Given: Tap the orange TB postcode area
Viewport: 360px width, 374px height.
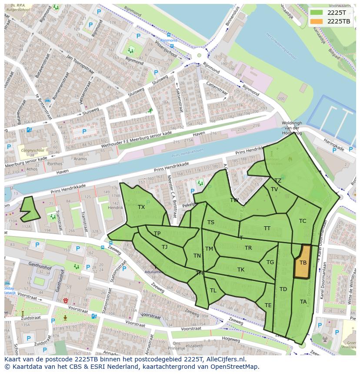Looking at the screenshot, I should point(303,262).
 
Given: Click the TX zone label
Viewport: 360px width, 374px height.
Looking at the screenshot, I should point(141,207).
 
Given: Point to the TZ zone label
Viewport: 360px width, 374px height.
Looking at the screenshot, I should point(278,181).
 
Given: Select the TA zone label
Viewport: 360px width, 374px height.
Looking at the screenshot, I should point(303,301).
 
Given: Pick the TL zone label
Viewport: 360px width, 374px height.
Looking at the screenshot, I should point(213,291).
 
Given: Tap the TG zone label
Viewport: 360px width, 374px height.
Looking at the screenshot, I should point(270,262).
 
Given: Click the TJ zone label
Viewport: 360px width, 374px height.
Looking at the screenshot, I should point(165,247).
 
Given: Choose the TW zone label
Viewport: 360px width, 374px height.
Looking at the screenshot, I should point(234,200).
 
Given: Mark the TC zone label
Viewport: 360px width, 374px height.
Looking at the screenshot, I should point(303,221).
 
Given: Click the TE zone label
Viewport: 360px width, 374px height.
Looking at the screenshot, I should point(268,305).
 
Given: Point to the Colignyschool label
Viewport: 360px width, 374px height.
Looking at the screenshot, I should point(31,151).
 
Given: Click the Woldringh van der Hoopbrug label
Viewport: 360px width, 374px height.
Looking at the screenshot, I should point(291,129).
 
